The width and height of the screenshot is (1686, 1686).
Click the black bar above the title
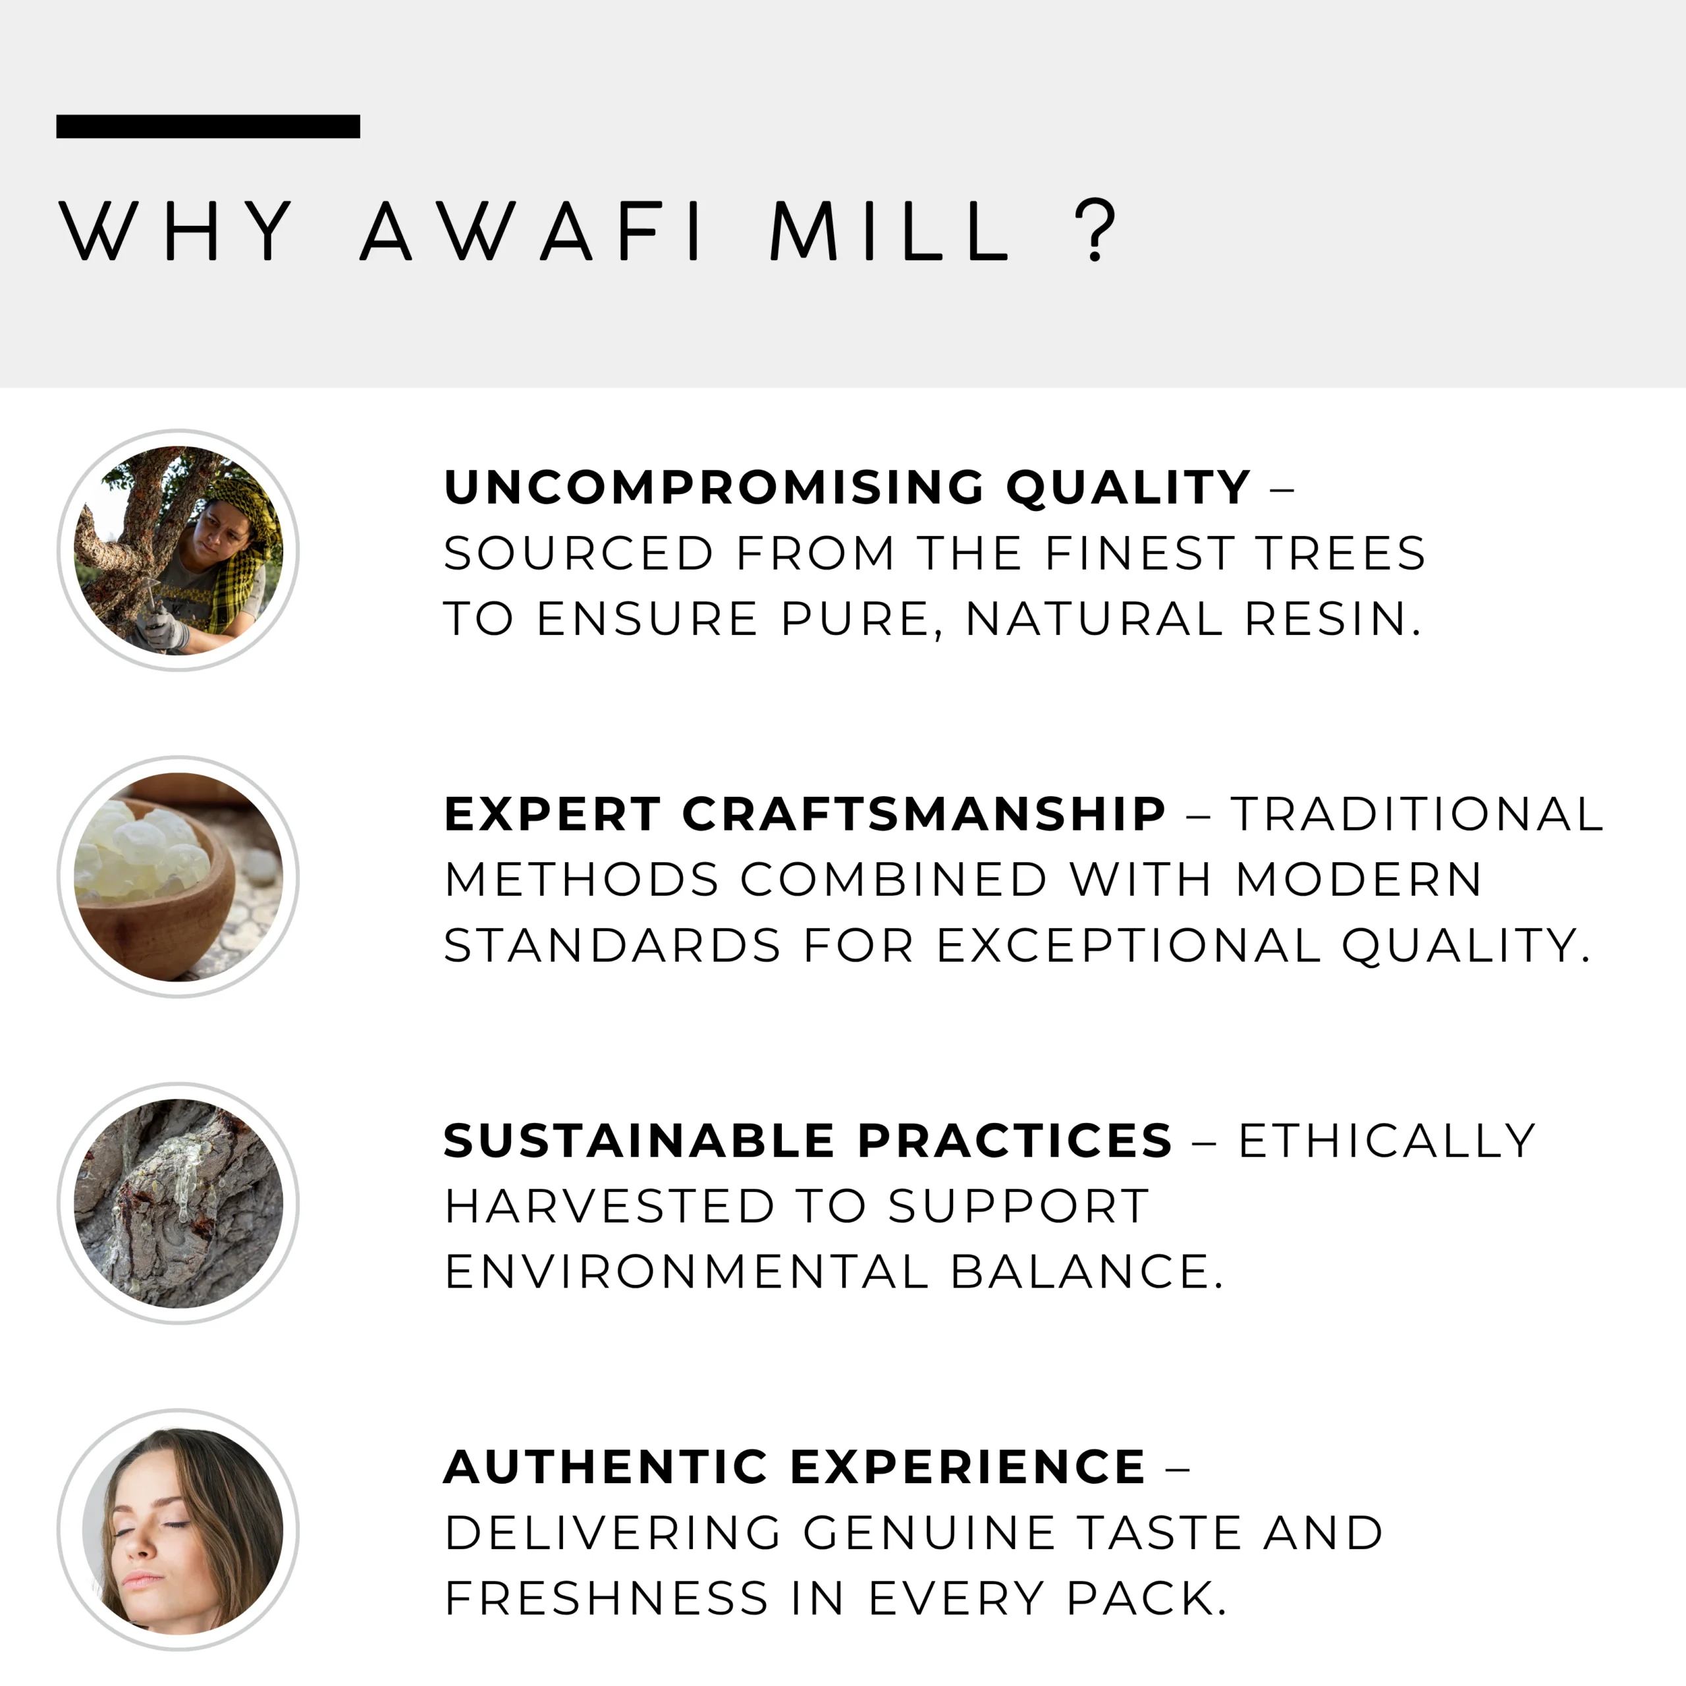point(207,126)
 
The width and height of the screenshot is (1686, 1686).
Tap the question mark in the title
point(1095,231)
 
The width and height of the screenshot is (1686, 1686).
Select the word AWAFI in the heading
point(532,231)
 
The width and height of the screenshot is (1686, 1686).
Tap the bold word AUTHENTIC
point(606,1467)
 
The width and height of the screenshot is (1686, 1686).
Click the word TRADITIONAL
point(1417,814)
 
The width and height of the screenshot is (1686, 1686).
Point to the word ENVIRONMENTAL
point(687,1272)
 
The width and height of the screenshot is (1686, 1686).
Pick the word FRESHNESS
point(607,1598)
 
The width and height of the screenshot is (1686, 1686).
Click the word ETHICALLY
point(1387,1141)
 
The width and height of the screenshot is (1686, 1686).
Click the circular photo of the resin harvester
point(179,550)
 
